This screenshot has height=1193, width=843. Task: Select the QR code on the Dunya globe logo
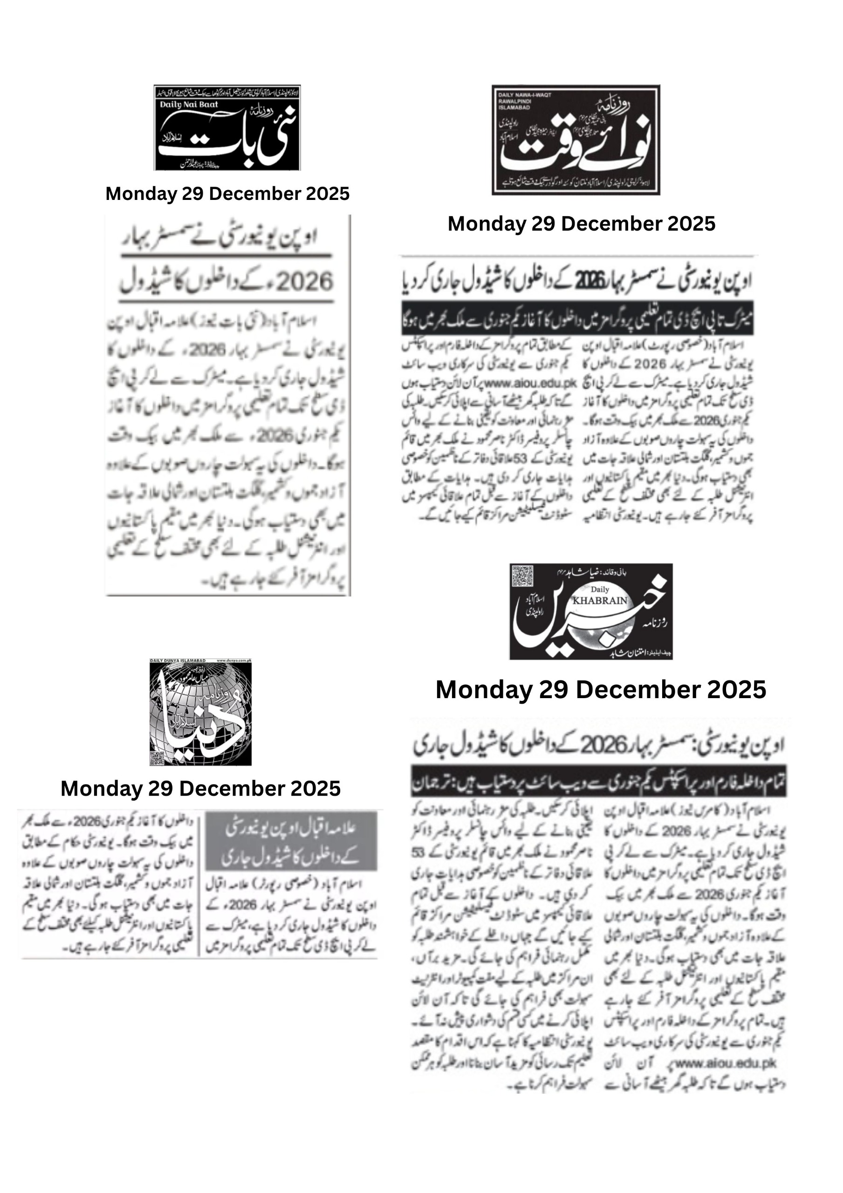tap(157, 758)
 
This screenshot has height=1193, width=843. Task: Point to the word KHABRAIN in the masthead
tap(600, 600)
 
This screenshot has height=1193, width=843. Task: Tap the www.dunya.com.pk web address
tap(233, 660)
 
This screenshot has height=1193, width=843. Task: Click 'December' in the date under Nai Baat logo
tap(240, 194)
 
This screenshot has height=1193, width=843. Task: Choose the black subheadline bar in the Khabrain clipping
tap(599, 781)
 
